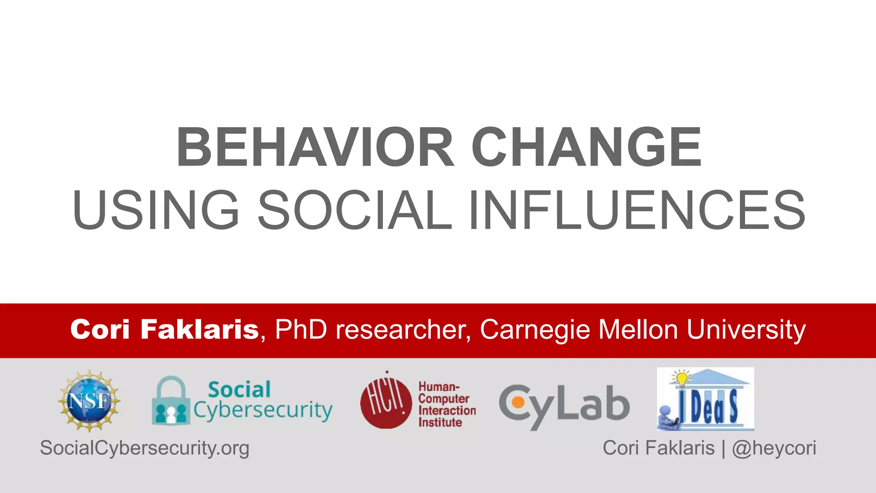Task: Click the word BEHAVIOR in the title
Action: (x=315, y=147)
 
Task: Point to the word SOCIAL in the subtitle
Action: (x=355, y=210)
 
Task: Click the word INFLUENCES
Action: (x=637, y=210)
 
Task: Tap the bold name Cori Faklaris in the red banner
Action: (x=165, y=330)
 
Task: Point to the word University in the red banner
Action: (x=746, y=330)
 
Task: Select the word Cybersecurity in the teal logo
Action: (x=263, y=410)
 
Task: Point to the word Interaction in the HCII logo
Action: (x=447, y=410)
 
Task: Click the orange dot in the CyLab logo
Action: (x=518, y=403)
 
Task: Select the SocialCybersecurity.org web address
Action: (x=145, y=448)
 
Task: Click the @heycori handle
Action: (x=774, y=448)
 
